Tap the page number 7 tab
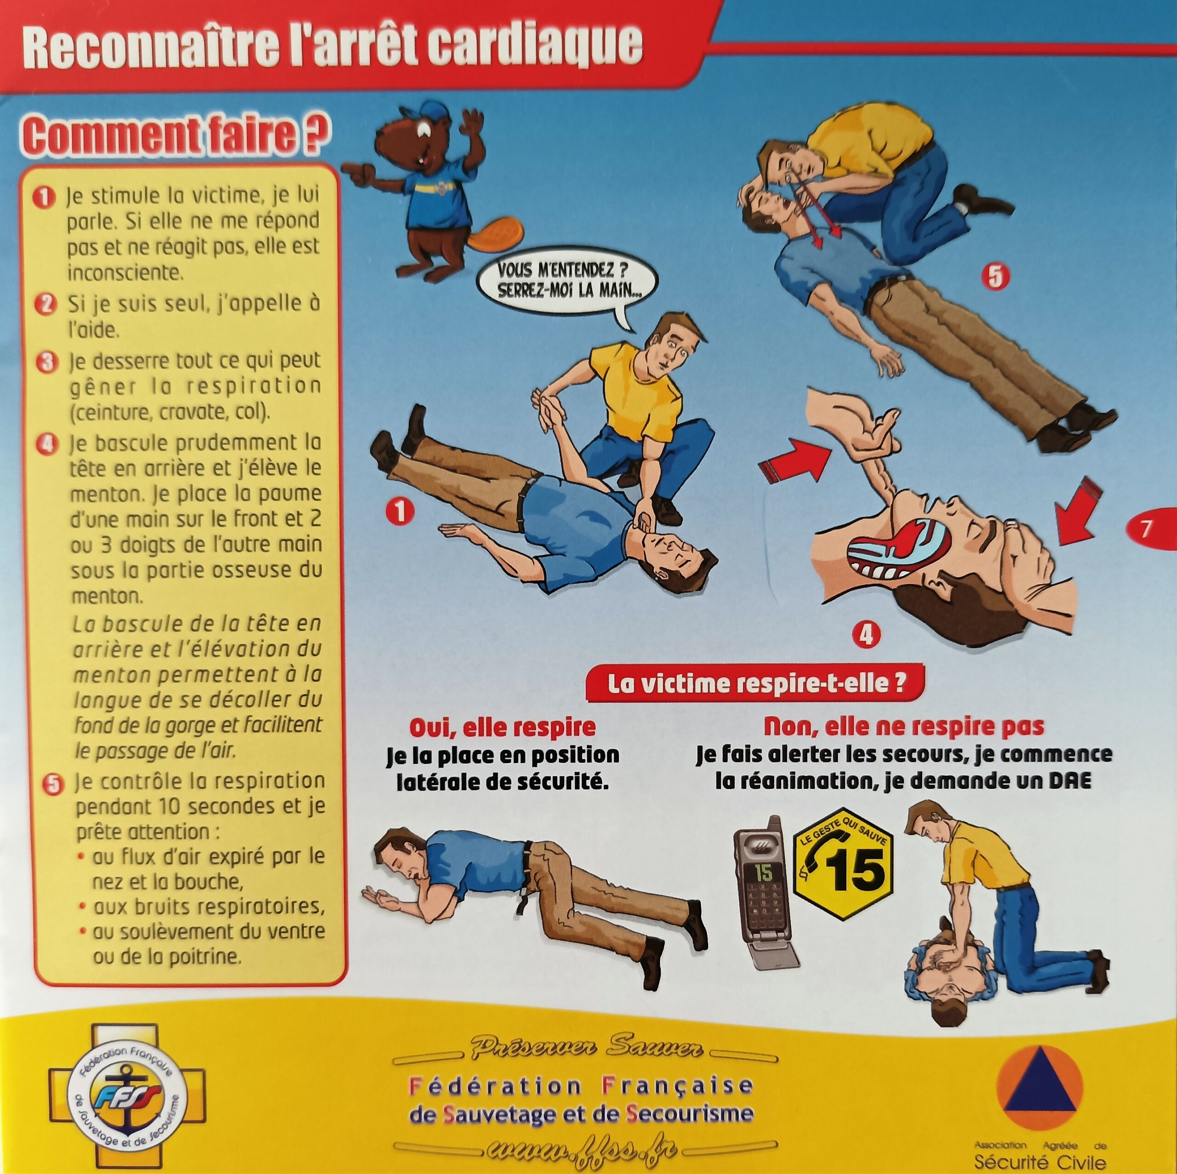pos(1152,528)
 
